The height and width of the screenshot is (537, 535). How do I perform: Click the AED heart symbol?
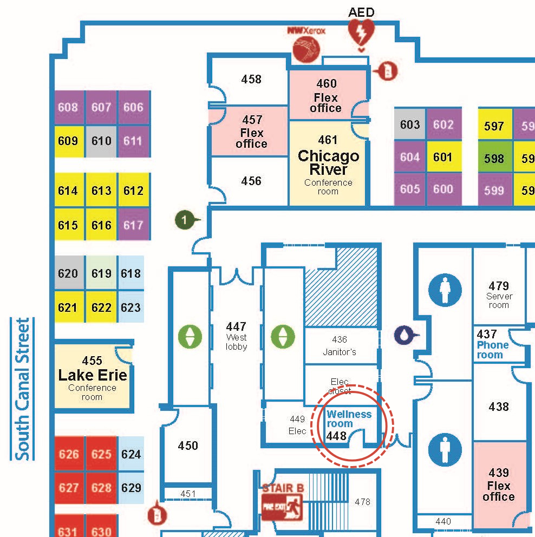pos(361,34)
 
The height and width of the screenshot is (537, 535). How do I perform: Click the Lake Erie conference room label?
pos(93,375)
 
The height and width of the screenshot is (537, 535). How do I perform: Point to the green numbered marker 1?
pos(185,220)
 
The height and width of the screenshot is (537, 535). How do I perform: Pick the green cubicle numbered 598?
pos(494,159)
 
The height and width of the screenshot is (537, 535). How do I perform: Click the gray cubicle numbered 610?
pos(101,141)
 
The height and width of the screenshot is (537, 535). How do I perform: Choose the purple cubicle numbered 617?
pos(133,225)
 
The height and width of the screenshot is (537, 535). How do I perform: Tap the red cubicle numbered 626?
pos(69,454)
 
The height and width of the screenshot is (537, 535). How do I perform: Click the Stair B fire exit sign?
pos(283,503)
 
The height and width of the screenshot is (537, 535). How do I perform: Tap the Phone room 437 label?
pos(492,345)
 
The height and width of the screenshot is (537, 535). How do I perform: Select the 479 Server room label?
pos(499,294)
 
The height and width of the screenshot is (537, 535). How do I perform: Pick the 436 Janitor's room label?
pos(340,346)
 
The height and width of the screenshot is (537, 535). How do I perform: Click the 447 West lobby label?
pos(236,336)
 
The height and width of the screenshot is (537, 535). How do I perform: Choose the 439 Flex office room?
pos(499,484)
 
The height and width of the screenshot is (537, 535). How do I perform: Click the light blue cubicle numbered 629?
pos(131,488)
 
